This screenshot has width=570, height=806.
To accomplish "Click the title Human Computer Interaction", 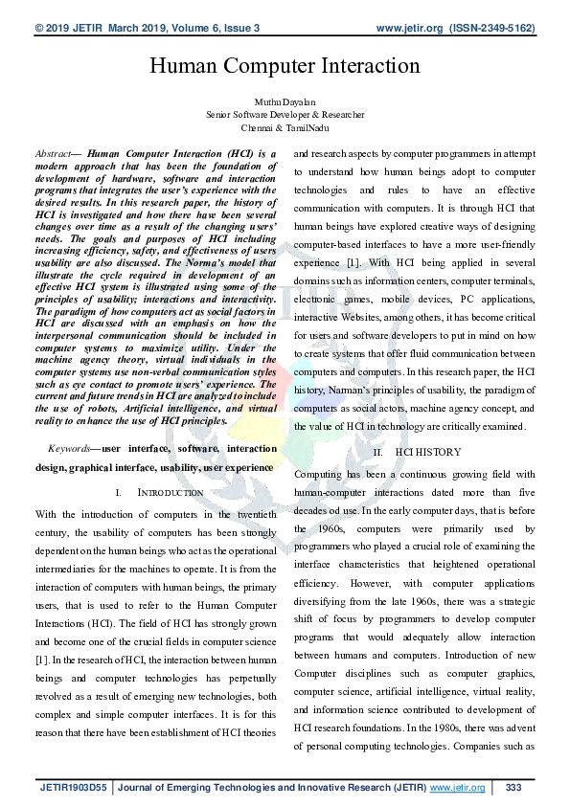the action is pyautogui.click(x=285, y=65).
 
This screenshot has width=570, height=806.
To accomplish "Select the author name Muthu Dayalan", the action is pyautogui.click(x=285, y=101).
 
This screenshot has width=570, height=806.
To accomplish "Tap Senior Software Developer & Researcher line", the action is pyautogui.click(x=285, y=114).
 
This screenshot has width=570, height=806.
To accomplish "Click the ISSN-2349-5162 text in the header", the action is pyautogui.click(x=491, y=29).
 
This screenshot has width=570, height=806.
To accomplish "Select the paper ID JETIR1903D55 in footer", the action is pyautogui.click(x=73, y=787).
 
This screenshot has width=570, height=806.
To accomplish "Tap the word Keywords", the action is pyautogui.click(x=68, y=447).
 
